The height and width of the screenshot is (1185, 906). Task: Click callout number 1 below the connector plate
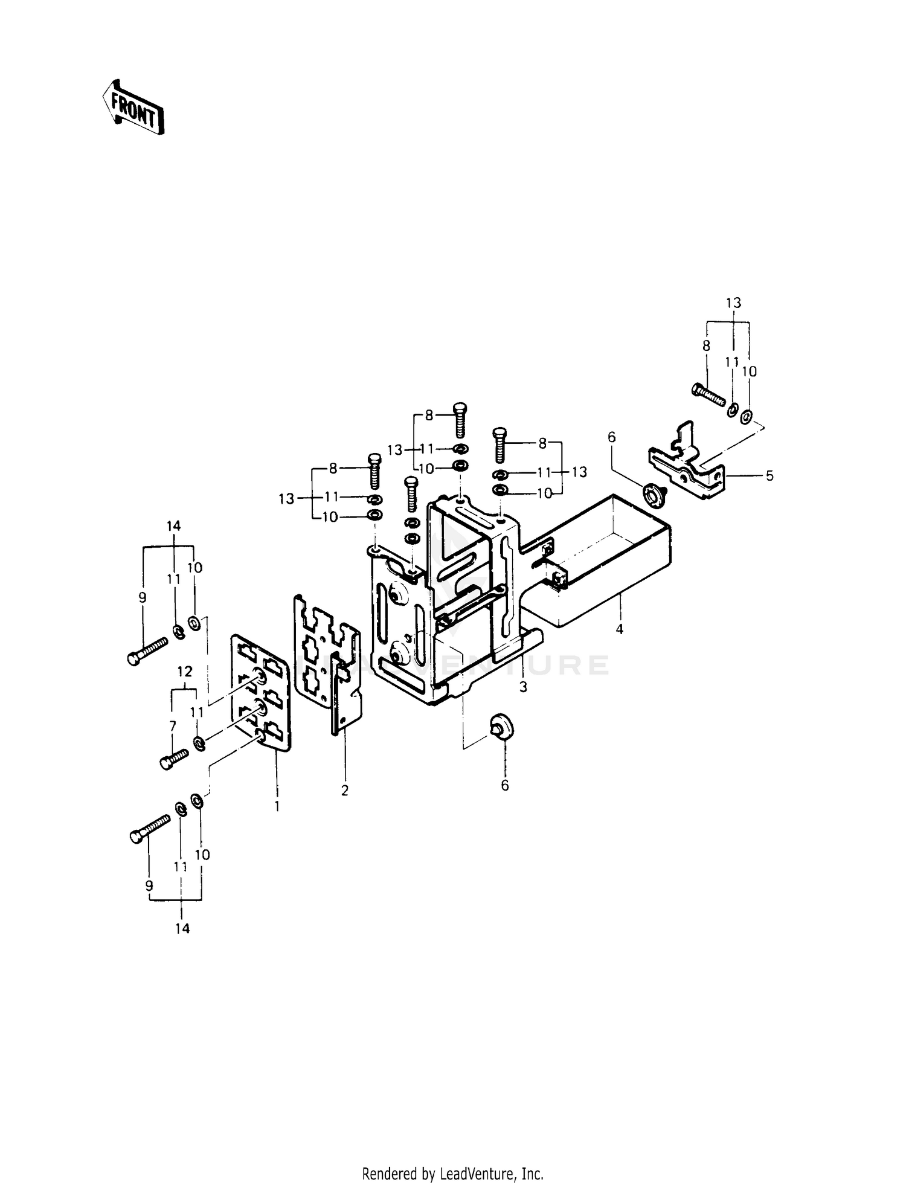tap(277, 806)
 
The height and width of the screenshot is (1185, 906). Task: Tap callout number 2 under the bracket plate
tap(344, 791)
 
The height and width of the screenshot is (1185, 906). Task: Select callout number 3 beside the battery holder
tap(523, 687)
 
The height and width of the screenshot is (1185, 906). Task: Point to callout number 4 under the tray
tap(619, 629)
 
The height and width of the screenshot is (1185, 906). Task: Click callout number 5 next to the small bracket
tap(769, 476)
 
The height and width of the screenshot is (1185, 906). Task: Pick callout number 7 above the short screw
tap(173, 725)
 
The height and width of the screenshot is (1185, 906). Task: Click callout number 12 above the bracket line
tap(185, 671)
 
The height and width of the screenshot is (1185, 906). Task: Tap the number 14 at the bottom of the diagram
tap(182, 929)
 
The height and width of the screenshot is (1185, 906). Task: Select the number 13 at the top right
tap(733, 303)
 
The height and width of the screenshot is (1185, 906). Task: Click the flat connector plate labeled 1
tap(261, 692)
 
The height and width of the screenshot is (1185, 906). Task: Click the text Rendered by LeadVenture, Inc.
tap(452, 1174)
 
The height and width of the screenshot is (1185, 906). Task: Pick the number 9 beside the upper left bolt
tap(143, 597)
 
